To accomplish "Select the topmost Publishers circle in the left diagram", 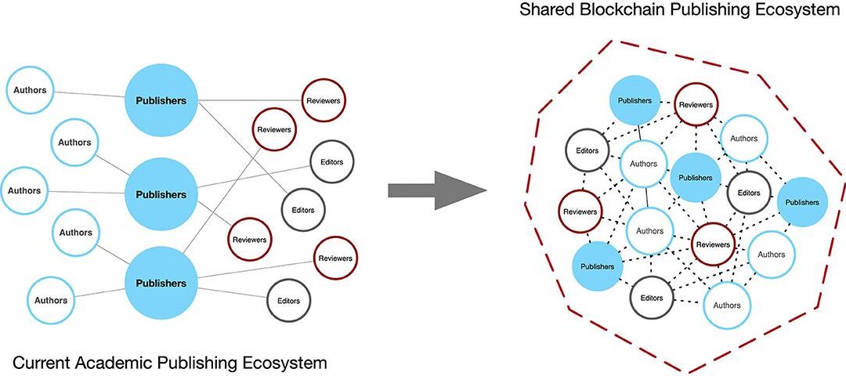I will (161, 100).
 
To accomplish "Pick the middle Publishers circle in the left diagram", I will (161, 193).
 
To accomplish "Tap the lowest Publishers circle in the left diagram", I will (161, 283).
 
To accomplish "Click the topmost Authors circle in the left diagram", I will (30, 90).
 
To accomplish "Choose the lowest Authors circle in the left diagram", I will (51, 300).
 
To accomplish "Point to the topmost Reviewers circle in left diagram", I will (324, 101).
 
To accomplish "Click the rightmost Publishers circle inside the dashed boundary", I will (802, 202).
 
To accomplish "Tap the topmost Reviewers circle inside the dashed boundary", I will (696, 104).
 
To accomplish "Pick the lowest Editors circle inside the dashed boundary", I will (652, 298).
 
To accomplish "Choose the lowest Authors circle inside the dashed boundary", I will (726, 305).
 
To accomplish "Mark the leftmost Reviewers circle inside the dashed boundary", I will (580, 211).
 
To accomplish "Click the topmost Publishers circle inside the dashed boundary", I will (634, 101).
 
